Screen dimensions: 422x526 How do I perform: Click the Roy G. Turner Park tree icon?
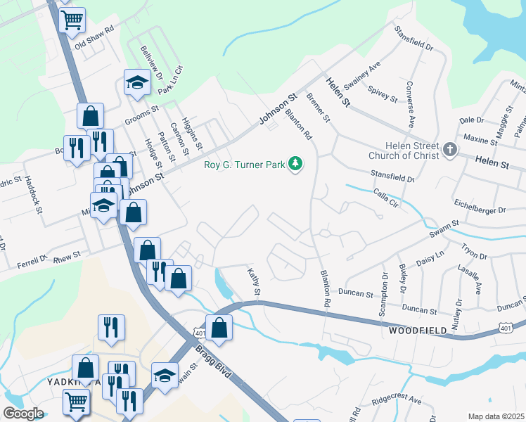point(297,165)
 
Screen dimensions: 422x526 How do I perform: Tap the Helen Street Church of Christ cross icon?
point(450,149)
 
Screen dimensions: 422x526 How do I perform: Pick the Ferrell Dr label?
point(32,263)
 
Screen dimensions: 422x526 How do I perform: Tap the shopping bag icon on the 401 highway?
point(219,327)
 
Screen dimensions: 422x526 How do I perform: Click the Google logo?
point(23,413)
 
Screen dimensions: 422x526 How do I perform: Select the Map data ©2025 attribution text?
point(495,416)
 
